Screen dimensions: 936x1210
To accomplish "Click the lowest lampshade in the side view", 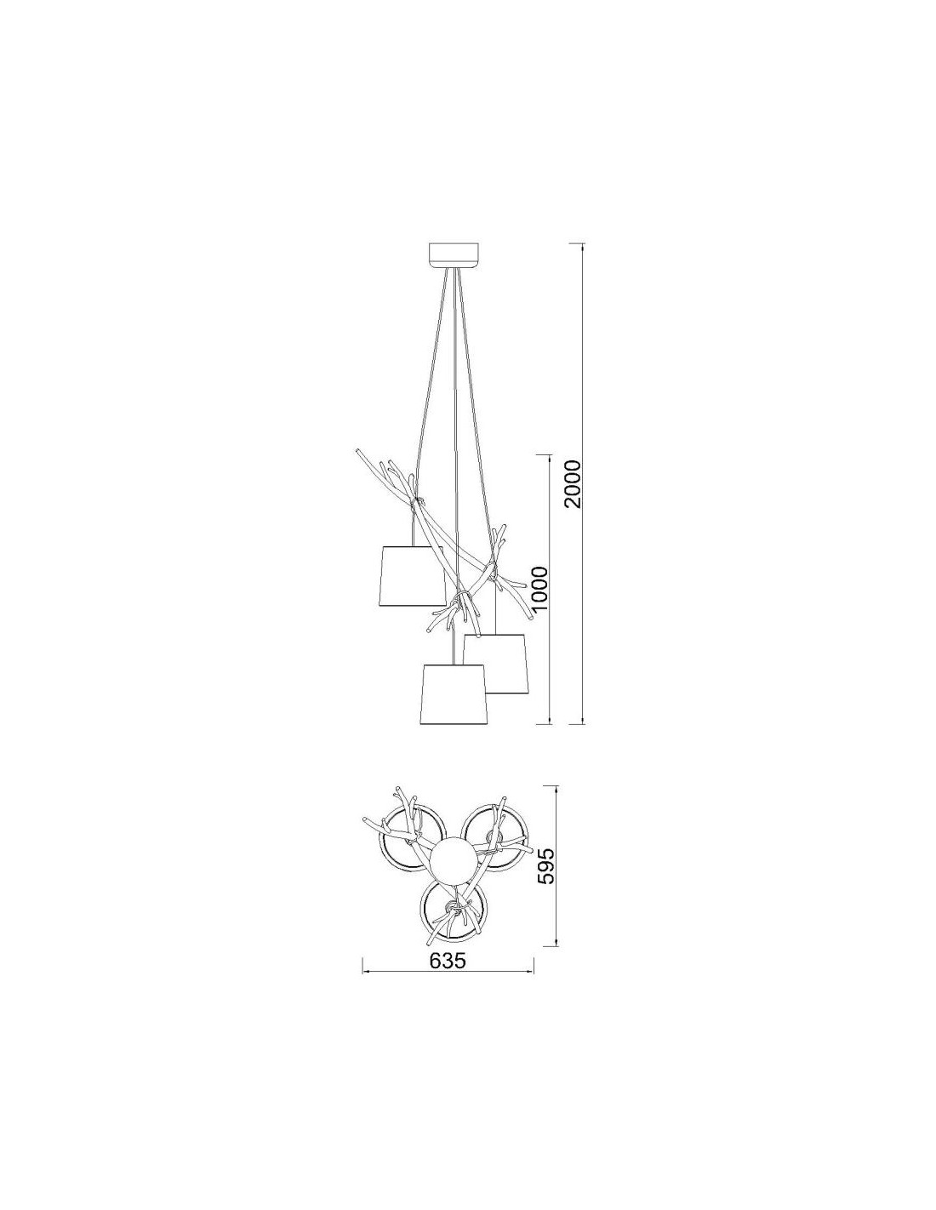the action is coord(454,692).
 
